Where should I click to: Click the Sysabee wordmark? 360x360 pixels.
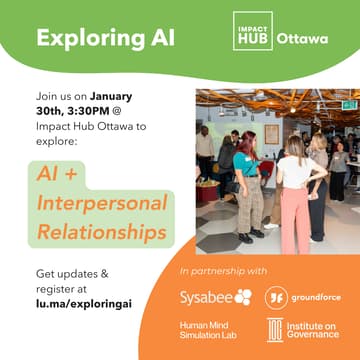click(204, 297)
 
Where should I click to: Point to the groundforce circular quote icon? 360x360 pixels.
click(274, 297)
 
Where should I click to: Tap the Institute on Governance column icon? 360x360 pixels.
click(274, 330)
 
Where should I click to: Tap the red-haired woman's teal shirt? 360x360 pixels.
click(244, 161)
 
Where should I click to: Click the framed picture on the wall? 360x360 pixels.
click(272, 133)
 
